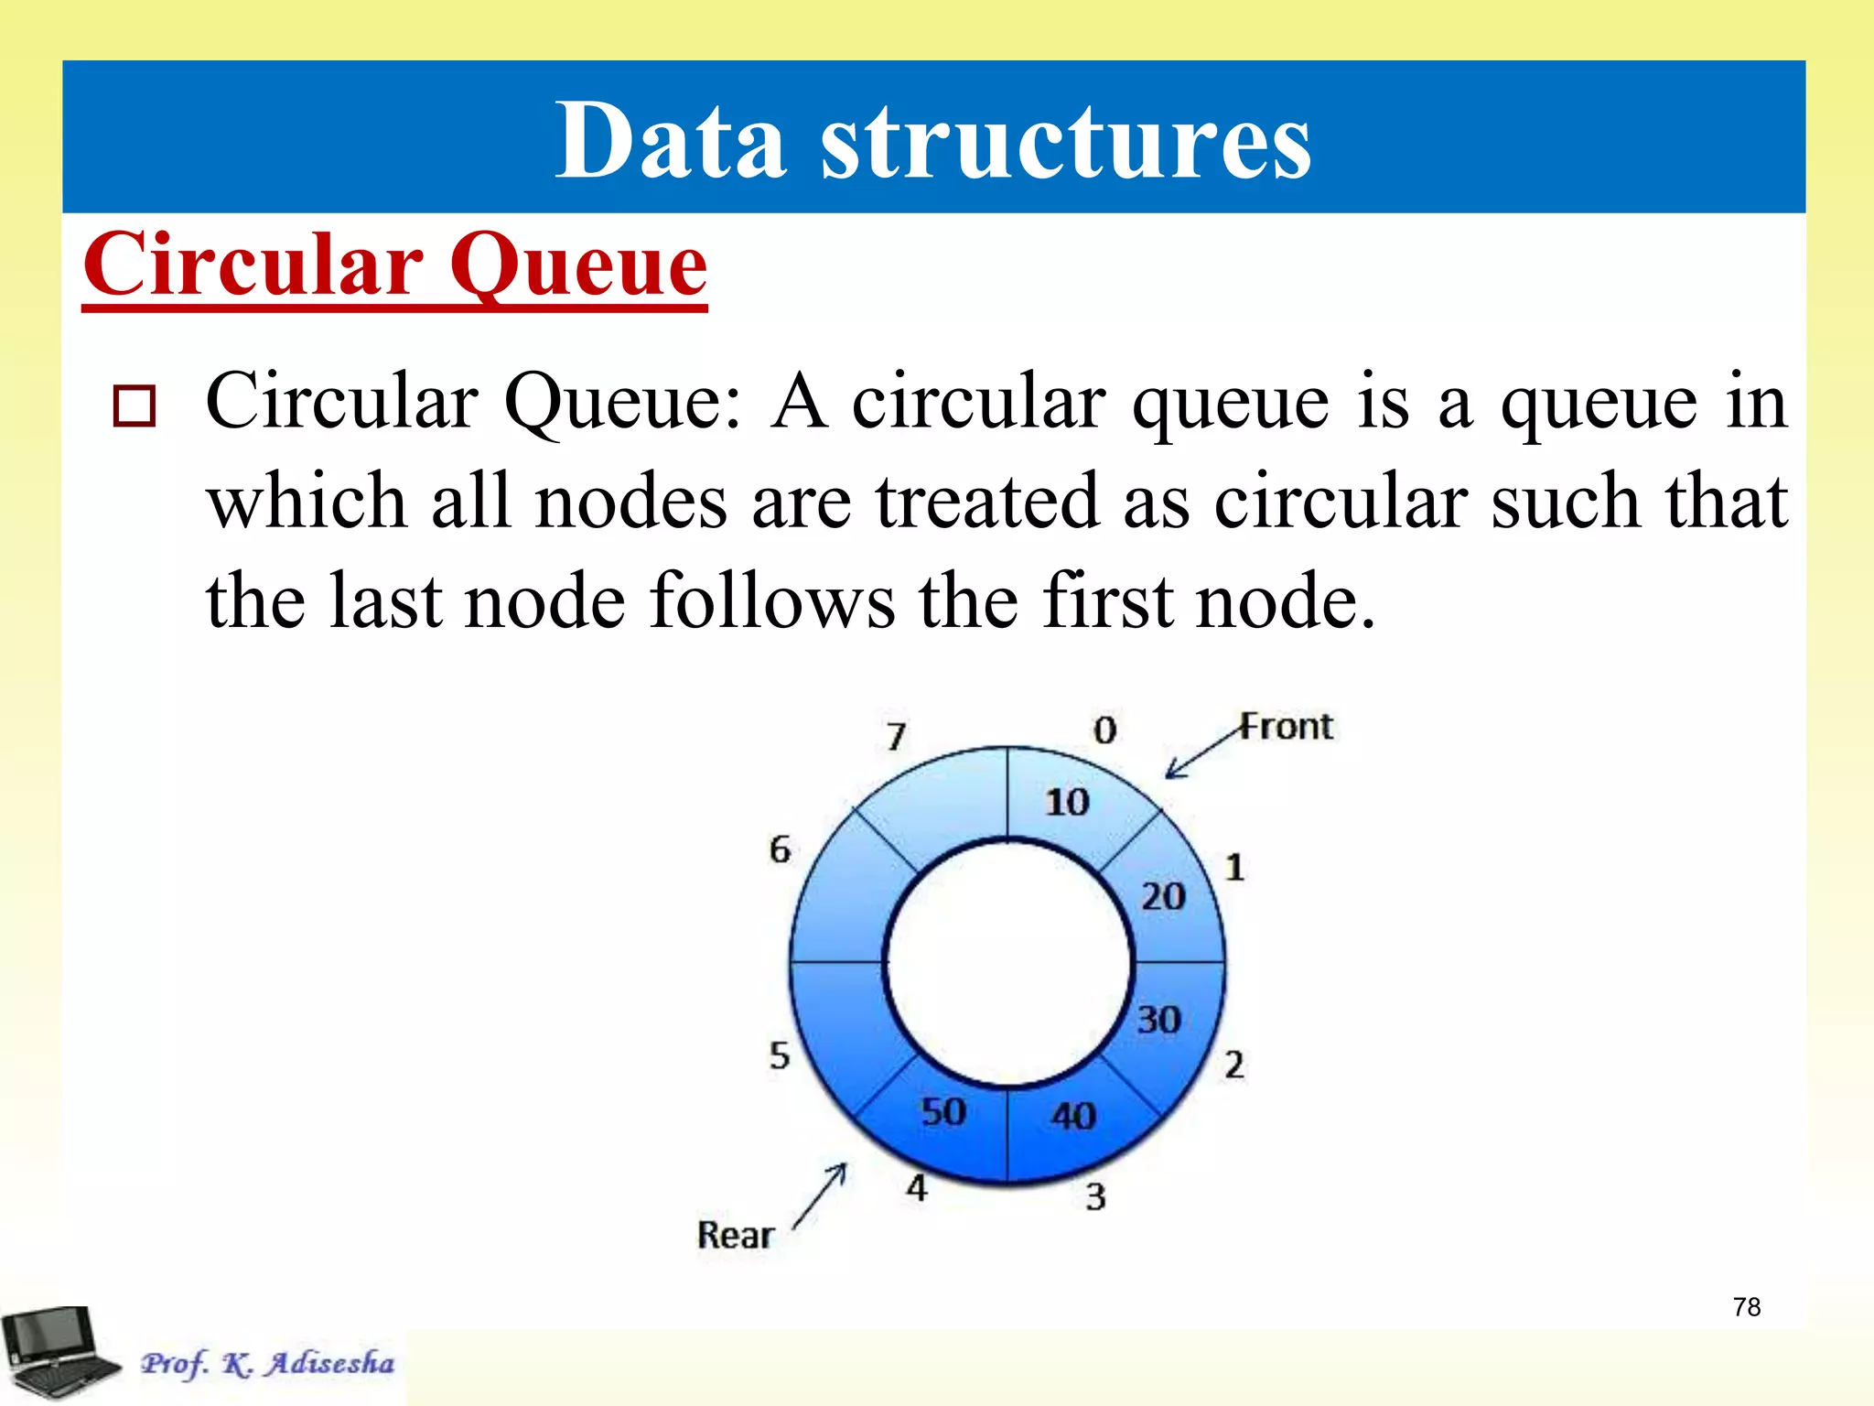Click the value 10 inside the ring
click(x=1067, y=803)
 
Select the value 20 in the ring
click(x=1163, y=896)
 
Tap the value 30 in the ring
click(x=1159, y=1020)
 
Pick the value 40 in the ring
click(x=1073, y=1116)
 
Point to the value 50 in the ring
click(x=943, y=1112)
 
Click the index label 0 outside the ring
click(x=1105, y=730)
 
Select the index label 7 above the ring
click(x=897, y=736)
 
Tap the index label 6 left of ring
click(x=780, y=849)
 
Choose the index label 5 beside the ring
click(x=779, y=1055)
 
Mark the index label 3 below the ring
click(x=1095, y=1196)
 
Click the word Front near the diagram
click(x=1287, y=727)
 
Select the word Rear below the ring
click(x=736, y=1235)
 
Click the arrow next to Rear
click(x=821, y=1195)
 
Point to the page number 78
click(x=1747, y=1307)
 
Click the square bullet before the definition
click(x=135, y=406)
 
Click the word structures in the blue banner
click(x=1066, y=142)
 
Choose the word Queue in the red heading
click(x=578, y=265)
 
